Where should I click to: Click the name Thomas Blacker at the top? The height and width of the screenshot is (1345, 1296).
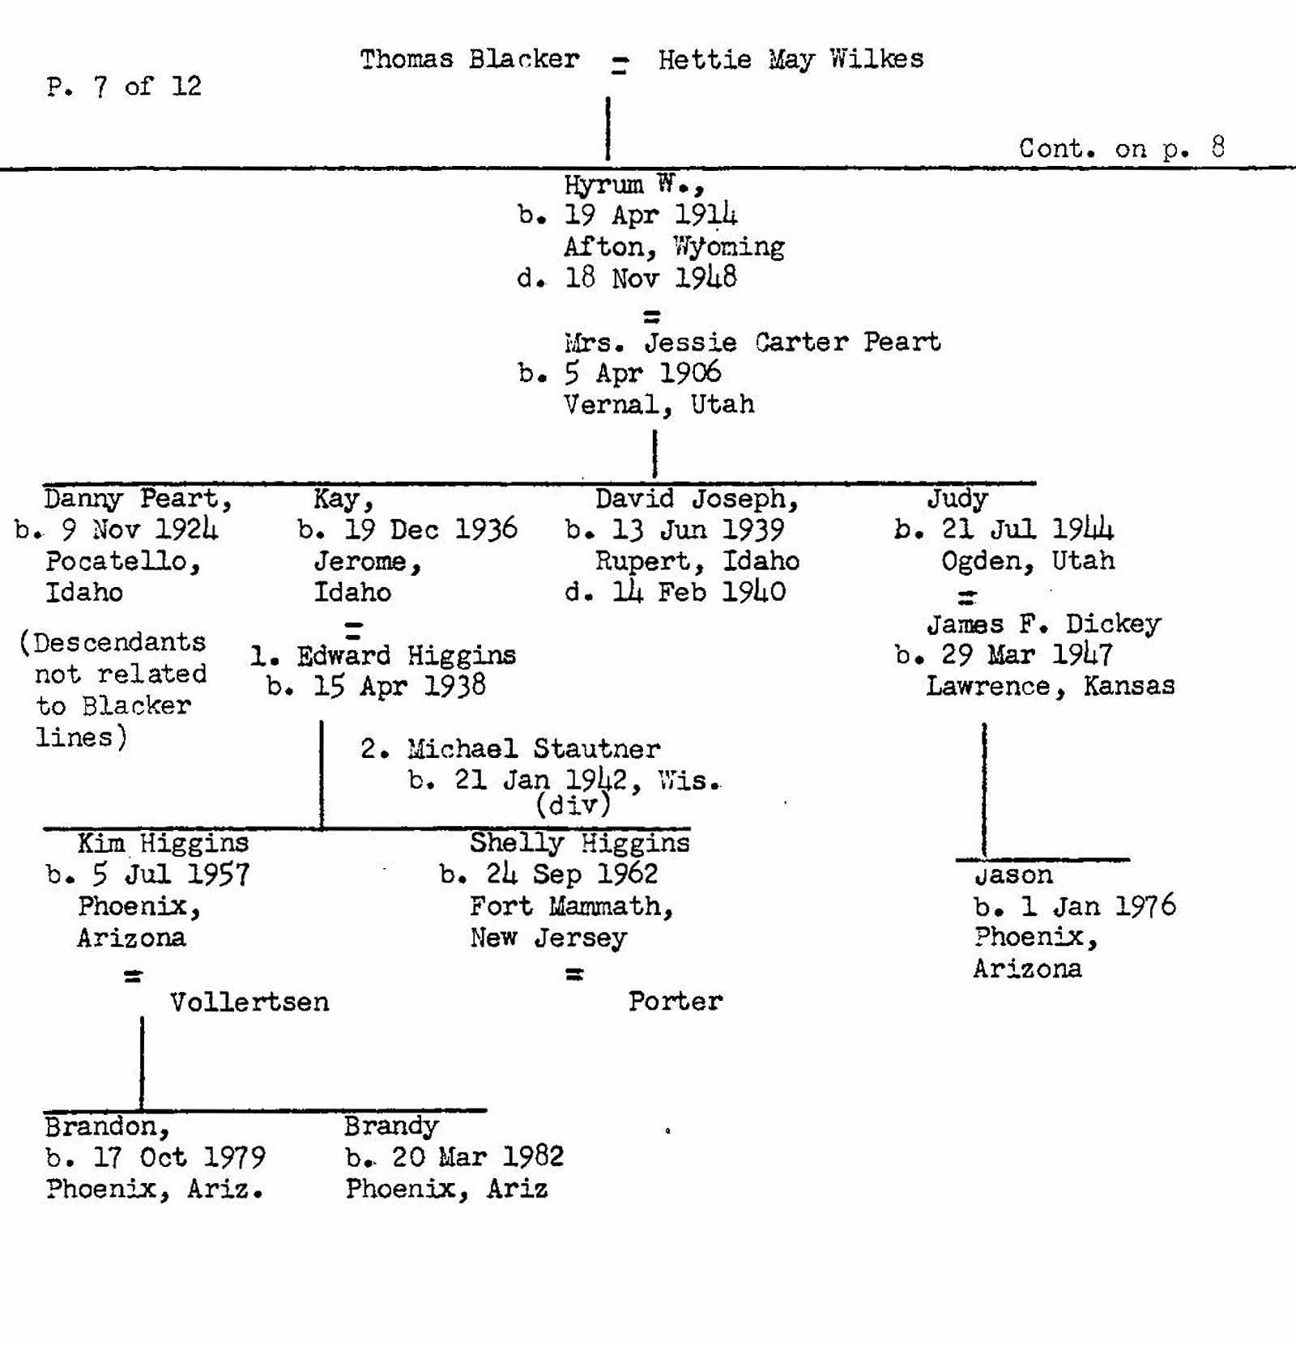click(x=470, y=59)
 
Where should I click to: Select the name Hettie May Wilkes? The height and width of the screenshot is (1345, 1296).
click(x=791, y=59)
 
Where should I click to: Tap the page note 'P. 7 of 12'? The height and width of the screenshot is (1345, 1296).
click(x=124, y=86)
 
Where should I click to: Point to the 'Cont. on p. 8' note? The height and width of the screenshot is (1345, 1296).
click(x=1122, y=148)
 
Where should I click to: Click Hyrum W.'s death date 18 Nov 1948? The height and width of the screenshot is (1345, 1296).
click(x=674, y=279)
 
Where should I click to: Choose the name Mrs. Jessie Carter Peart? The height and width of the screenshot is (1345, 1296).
click(x=752, y=342)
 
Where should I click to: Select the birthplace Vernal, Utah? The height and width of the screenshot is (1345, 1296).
click(x=659, y=404)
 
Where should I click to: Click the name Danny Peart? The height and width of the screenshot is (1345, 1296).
click(x=138, y=498)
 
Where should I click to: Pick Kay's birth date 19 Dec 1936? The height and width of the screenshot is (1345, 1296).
click(x=430, y=530)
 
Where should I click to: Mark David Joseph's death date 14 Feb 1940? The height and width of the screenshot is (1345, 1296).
click(x=697, y=592)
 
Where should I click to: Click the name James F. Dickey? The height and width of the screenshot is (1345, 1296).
click(x=1043, y=624)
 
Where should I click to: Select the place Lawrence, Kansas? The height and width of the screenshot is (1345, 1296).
click(x=1050, y=686)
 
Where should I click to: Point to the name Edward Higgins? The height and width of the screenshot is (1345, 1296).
click(x=406, y=655)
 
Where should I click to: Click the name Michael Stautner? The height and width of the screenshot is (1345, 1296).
click(x=533, y=748)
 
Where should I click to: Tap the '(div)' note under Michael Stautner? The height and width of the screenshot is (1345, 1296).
click(x=573, y=805)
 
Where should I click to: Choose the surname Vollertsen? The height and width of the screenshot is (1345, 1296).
click(x=249, y=1002)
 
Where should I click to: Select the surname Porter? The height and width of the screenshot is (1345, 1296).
click(x=675, y=1001)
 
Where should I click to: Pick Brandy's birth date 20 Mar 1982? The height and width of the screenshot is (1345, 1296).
click(x=477, y=1157)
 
